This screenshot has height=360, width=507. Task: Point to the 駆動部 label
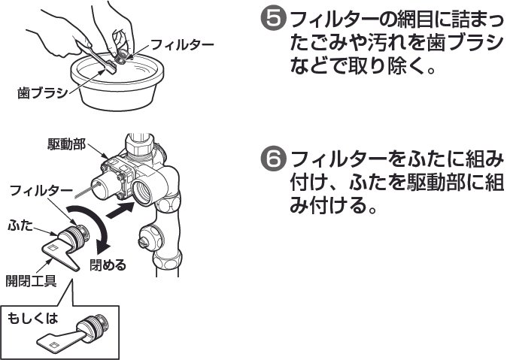tap(63, 143)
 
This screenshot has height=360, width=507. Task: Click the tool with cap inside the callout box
tap(82, 331)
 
